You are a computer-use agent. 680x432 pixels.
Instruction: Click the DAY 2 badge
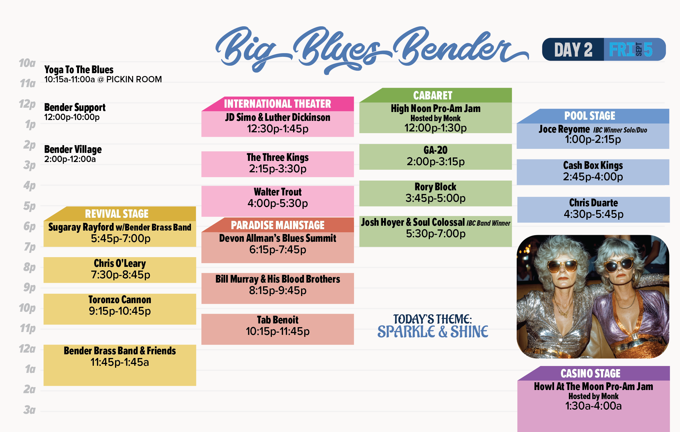click(x=573, y=50)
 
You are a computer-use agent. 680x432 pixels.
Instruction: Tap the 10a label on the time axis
click(x=27, y=63)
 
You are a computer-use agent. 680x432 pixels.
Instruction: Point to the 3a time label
click(x=29, y=410)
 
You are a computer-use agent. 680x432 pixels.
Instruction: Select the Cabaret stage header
click(x=433, y=95)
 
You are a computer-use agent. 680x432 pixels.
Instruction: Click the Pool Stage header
click(x=590, y=116)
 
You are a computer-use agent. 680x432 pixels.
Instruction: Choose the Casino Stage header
click(x=590, y=373)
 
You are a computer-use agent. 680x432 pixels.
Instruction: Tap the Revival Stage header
click(x=117, y=214)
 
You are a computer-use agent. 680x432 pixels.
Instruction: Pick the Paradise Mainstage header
click(x=278, y=225)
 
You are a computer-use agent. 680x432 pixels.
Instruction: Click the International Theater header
click(x=277, y=104)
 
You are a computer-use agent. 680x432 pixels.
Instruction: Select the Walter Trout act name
click(x=278, y=192)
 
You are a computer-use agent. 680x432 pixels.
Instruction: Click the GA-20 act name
click(x=435, y=150)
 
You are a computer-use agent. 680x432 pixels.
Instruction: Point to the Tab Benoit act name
click(x=278, y=320)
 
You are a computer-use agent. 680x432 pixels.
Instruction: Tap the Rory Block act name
click(x=435, y=187)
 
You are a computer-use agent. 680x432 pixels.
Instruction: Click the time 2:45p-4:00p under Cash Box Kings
click(x=593, y=177)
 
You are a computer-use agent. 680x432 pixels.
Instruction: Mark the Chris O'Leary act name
click(x=120, y=263)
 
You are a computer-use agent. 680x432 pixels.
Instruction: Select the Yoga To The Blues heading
click(x=79, y=70)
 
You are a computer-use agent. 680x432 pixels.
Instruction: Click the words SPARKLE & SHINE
click(x=433, y=332)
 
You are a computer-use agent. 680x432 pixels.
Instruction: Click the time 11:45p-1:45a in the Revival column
click(x=120, y=362)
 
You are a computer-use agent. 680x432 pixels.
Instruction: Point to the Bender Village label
click(x=73, y=149)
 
